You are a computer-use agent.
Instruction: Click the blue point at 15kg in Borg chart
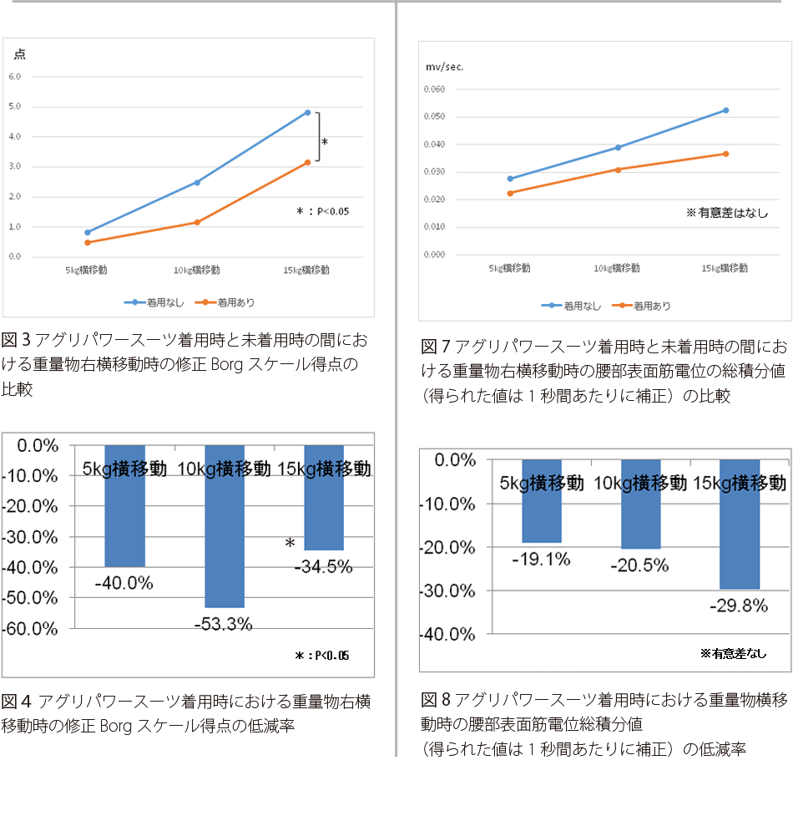[x=307, y=112]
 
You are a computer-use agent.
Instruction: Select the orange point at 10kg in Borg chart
[x=197, y=222]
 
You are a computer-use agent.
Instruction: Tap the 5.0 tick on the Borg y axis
[x=15, y=106]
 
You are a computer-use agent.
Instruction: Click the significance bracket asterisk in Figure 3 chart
[x=325, y=143]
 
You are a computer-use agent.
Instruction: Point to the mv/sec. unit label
[x=446, y=68]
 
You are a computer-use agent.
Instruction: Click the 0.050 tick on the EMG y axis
[x=435, y=116]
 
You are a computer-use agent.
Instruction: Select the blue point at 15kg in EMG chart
[x=725, y=110]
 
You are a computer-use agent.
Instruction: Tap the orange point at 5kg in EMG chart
[x=510, y=193]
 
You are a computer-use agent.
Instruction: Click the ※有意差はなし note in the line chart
[x=726, y=213]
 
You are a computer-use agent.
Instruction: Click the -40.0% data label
[x=124, y=584]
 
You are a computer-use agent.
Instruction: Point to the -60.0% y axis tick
[x=30, y=629]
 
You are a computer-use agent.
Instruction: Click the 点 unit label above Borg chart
[x=20, y=54]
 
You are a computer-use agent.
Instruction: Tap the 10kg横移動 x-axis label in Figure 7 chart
[x=617, y=268]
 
